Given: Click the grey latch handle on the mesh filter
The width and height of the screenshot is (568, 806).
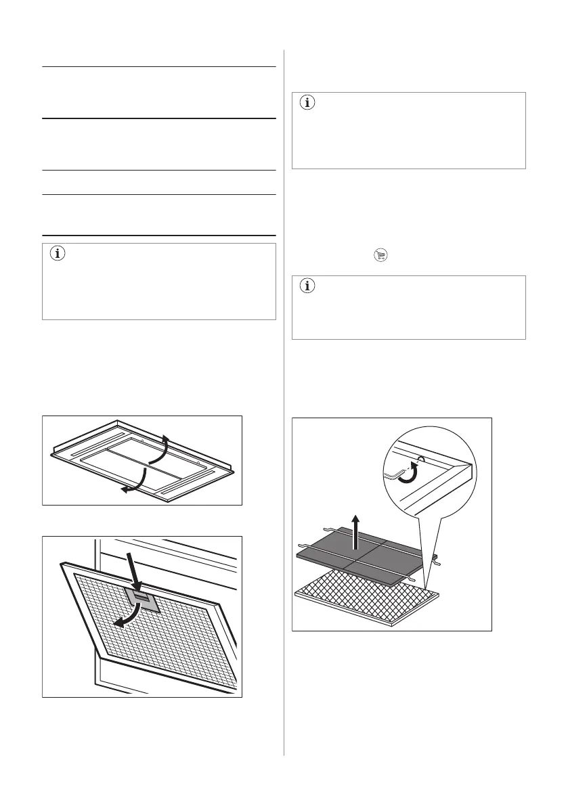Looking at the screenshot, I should (x=142, y=596).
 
